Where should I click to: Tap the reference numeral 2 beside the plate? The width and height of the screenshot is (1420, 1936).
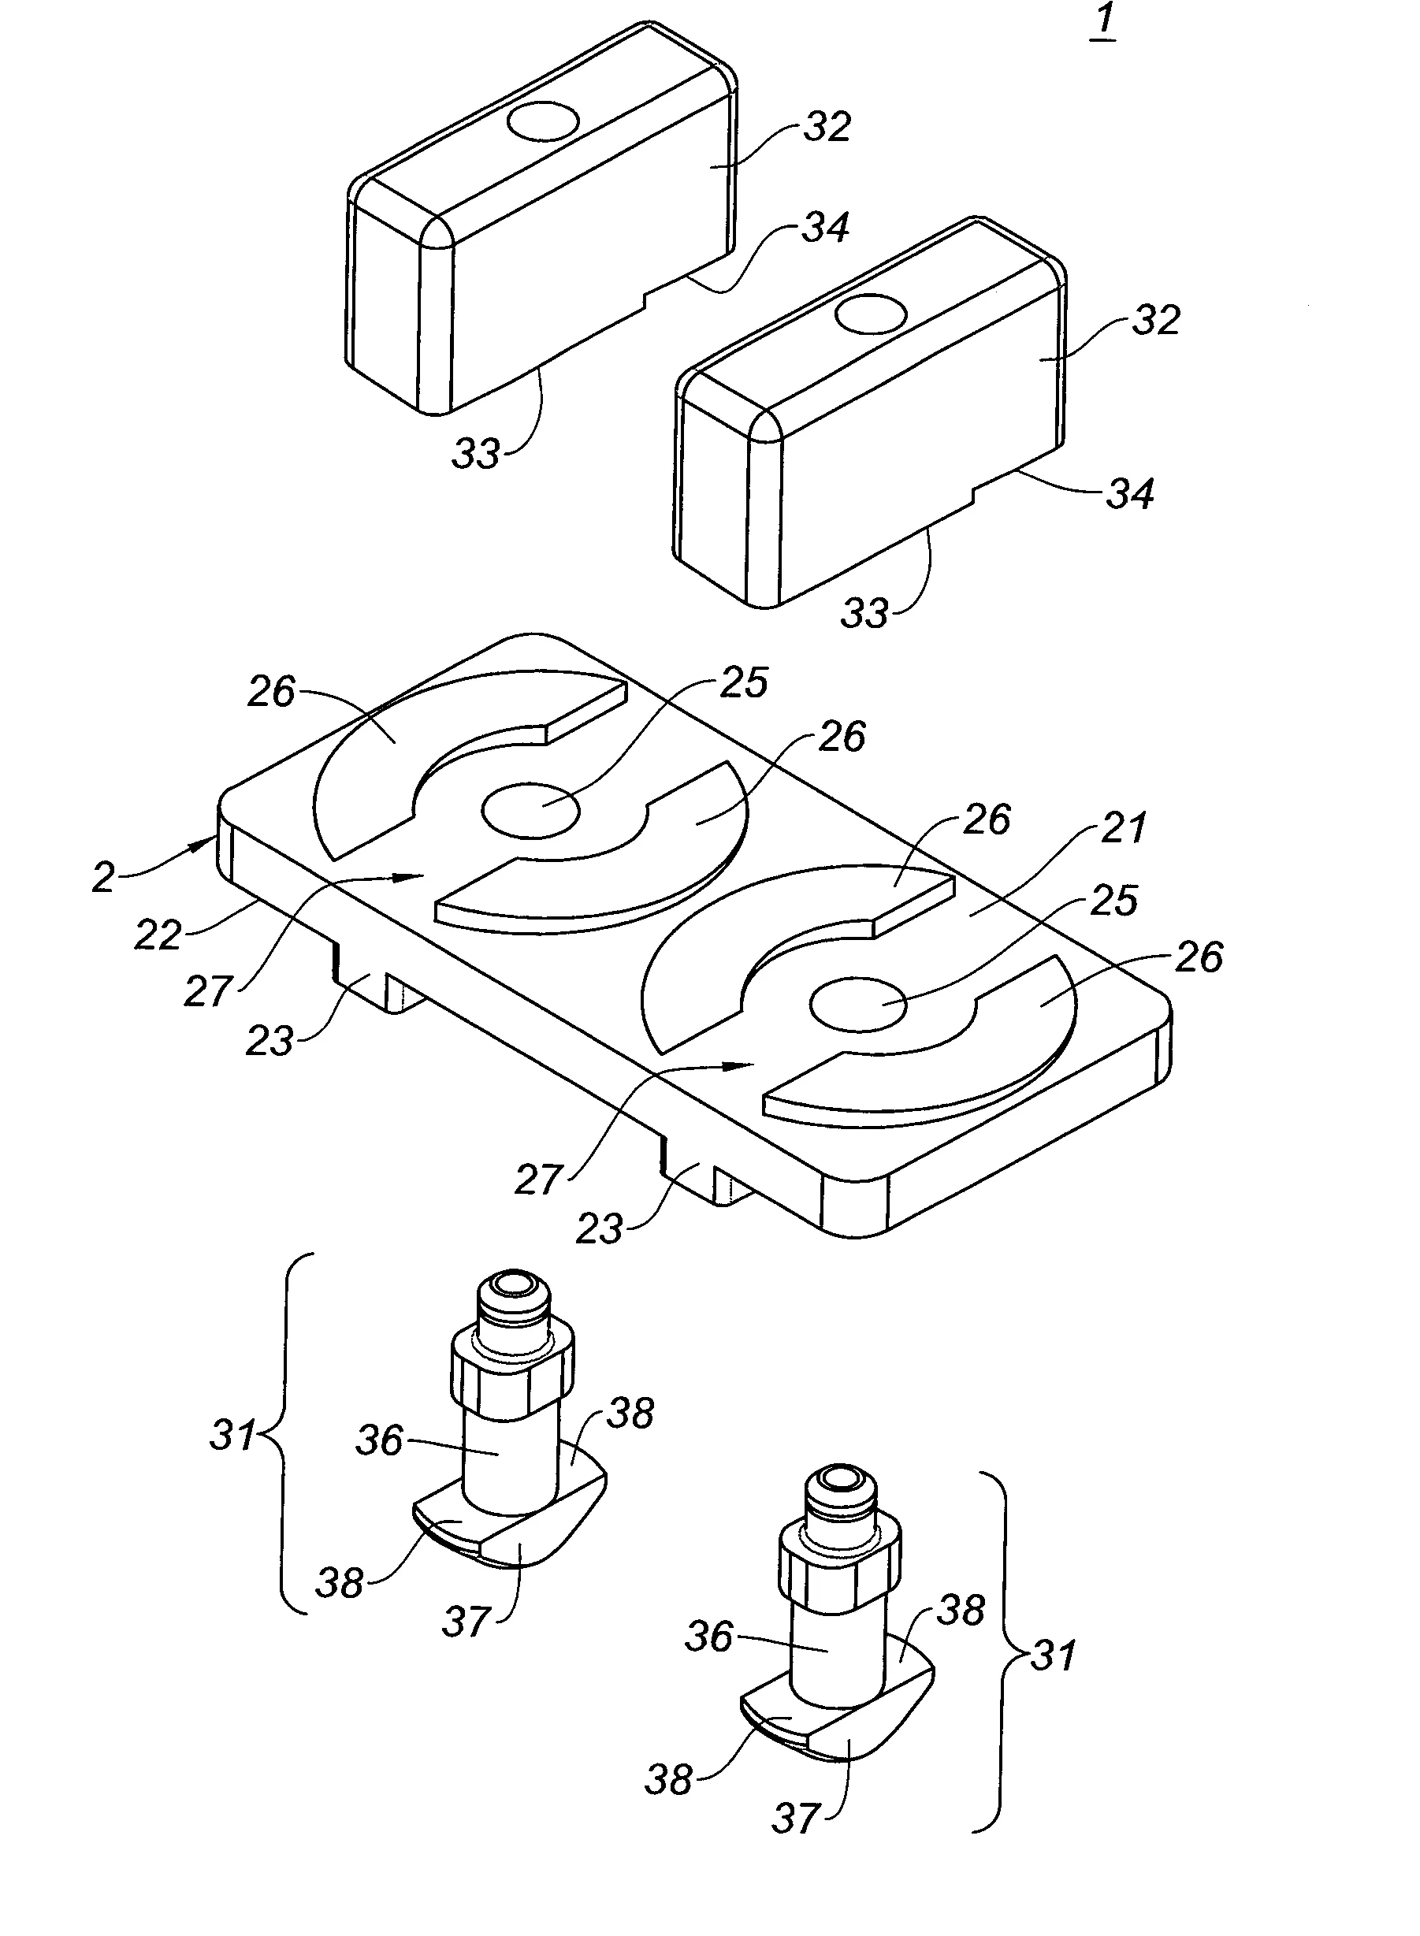tap(103, 877)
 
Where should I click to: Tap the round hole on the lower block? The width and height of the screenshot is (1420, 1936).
tap(870, 314)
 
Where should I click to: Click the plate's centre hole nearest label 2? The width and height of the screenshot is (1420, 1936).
tap(530, 809)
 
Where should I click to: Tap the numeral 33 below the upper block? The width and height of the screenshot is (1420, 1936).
tap(476, 453)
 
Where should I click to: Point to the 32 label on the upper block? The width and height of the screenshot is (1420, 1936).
tap(827, 127)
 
